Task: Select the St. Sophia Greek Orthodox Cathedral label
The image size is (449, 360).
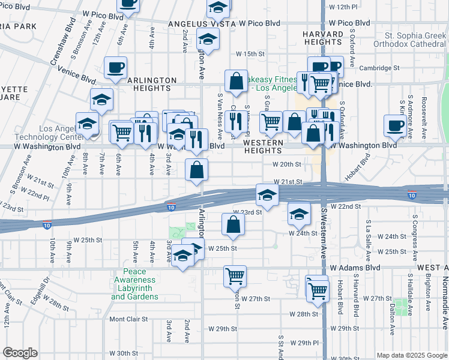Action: click(408, 39)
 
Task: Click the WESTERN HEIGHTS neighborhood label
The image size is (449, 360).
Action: click(263, 146)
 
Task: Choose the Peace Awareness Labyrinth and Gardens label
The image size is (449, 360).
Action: click(134, 284)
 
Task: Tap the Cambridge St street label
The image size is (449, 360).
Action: click(380, 68)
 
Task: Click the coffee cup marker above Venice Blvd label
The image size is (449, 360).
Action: click(115, 68)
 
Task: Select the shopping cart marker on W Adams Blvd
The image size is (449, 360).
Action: click(235, 276)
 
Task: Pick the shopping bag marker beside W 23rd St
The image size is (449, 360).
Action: click(233, 225)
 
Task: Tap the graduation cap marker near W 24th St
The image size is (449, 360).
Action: click(299, 213)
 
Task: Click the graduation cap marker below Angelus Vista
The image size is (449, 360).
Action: click(208, 39)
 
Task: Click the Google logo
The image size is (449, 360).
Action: click(20, 353)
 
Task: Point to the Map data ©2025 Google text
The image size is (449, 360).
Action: click(411, 355)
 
